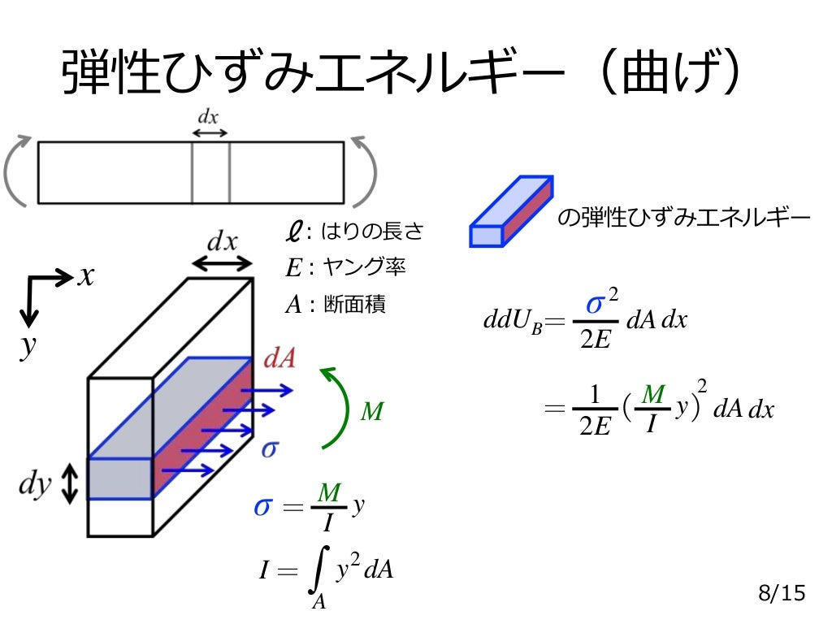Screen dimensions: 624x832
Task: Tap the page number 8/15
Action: pyautogui.click(x=781, y=594)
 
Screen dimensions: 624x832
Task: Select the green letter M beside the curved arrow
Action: pyautogui.click(x=371, y=413)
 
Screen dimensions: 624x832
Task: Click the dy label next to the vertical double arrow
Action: pyautogui.click(x=35, y=485)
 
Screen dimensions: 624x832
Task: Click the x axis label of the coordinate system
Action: pyautogui.click(x=86, y=276)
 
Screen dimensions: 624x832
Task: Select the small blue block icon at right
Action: pyautogui.click(x=512, y=212)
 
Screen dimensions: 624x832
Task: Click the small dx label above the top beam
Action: pyautogui.click(x=209, y=117)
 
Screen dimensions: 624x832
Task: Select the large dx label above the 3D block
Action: pyautogui.click(x=222, y=241)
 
